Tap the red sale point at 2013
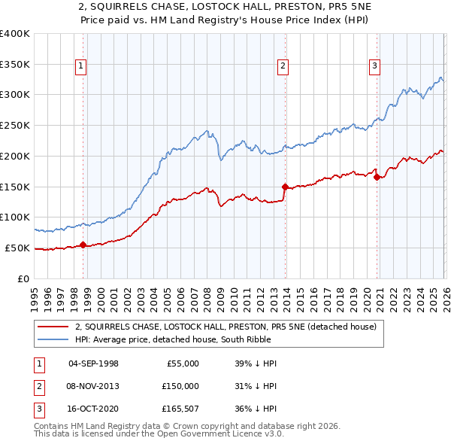click(x=284, y=186)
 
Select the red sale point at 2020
click(x=377, y=177)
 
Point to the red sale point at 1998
click(x=83, y=245)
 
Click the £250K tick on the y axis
click(x=15, y=125)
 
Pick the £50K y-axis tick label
click(x=17, y=248)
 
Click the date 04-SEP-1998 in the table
click(x=93, y=363)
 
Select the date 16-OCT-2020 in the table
click(x=93, y=409)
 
